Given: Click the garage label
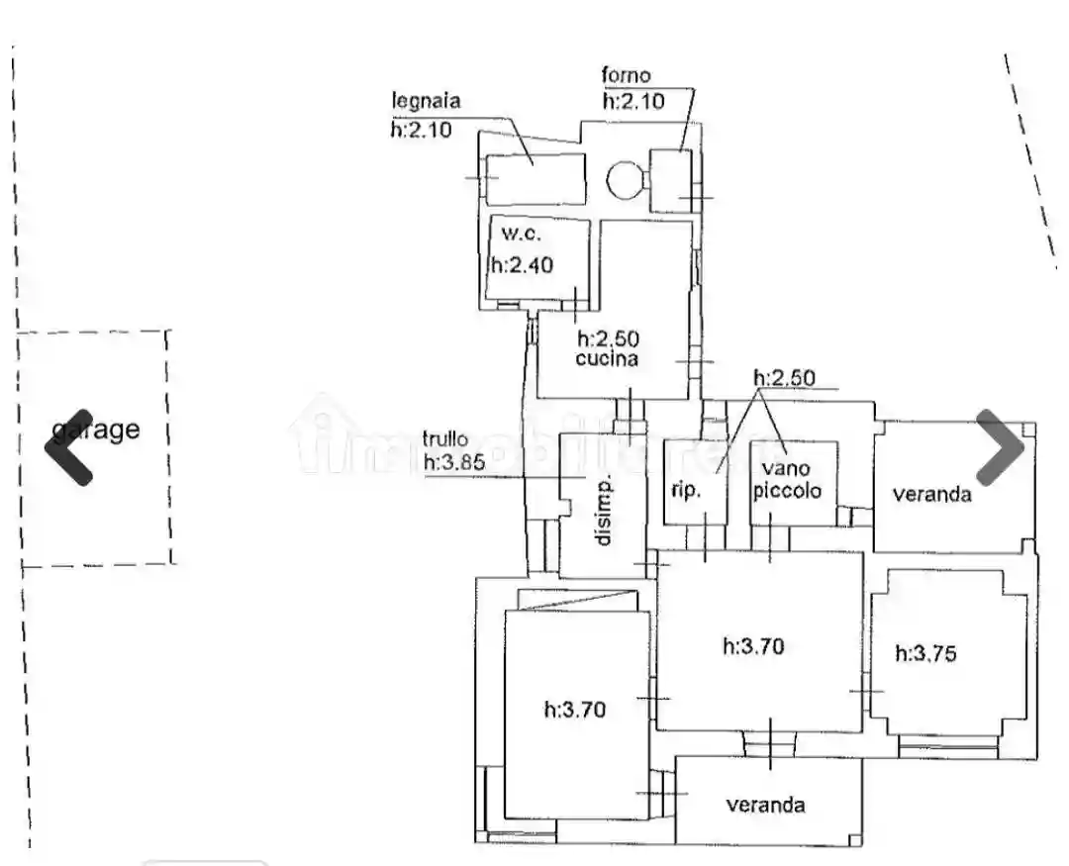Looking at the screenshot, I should (x=96, y=430).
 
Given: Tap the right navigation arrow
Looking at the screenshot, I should (x=1000, y=447).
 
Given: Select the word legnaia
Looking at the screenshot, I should (x=427, y=100).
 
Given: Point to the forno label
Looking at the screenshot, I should (x=627, y=75).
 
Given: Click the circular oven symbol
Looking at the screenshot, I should (x=625, y=180).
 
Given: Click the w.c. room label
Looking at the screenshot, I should (x=521, y=235).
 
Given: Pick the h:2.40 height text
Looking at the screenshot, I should (x=523, y=264).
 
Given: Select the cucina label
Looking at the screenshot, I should (x=607, y=359).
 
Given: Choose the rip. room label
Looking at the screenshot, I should (x=686, y=490).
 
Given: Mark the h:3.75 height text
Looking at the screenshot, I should (x=925, y=653).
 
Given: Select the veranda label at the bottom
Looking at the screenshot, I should (x=765, y=805).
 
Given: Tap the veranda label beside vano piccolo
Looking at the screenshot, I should (x=931, y=494).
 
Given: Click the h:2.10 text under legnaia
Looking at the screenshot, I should (x=421, y=128).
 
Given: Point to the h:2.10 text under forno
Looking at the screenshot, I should (x=633, y=100).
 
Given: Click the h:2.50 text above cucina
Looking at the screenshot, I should (x=608, y=337).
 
